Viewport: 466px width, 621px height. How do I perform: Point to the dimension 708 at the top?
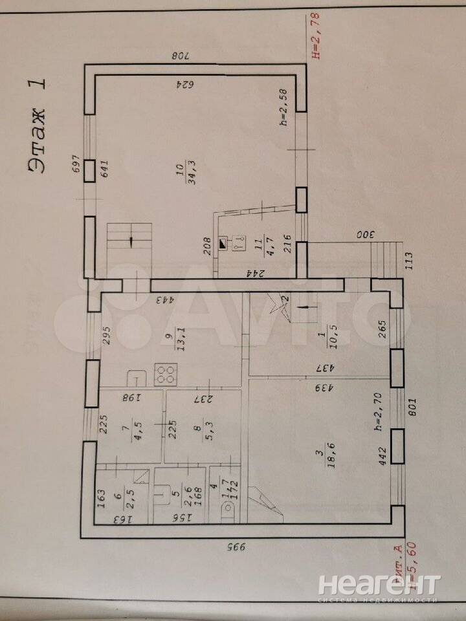pos(179,56)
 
